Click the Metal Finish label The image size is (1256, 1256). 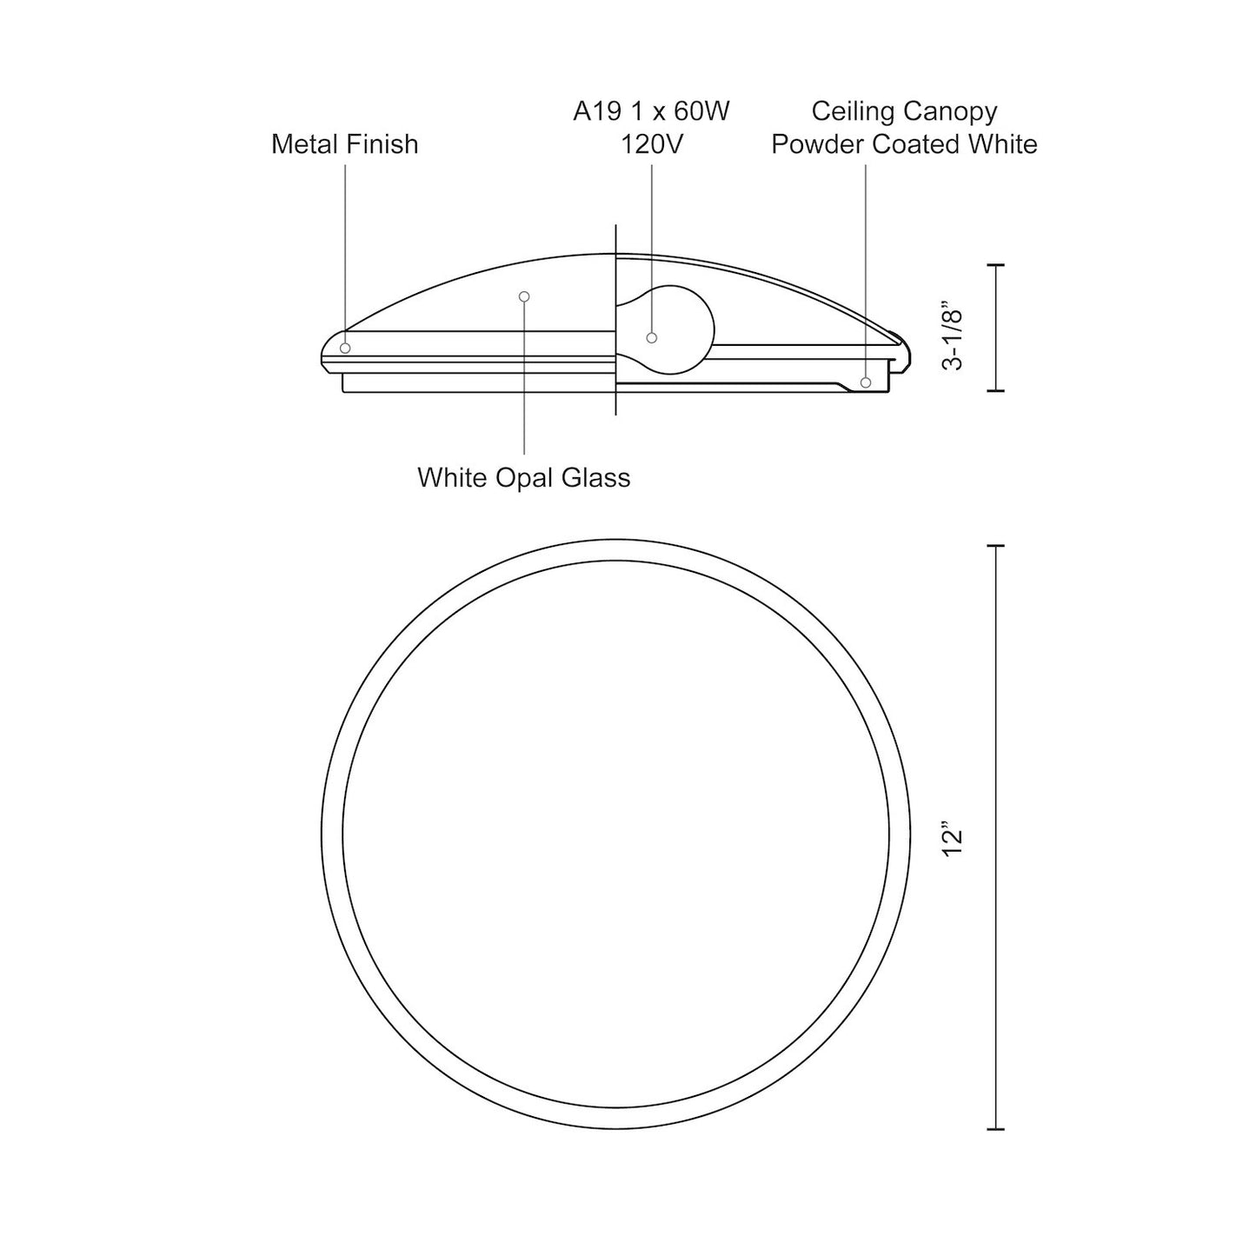click(344, 144)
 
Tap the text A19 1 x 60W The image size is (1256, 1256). click(651, 111)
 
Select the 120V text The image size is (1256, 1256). click(651, 144)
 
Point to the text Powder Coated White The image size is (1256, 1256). click(904, 144)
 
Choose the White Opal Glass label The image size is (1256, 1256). click(524, 478)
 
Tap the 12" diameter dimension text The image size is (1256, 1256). click(953, 843)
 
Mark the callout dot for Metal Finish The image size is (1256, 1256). click(345, 348)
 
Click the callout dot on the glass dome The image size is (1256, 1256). click(524, 296)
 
